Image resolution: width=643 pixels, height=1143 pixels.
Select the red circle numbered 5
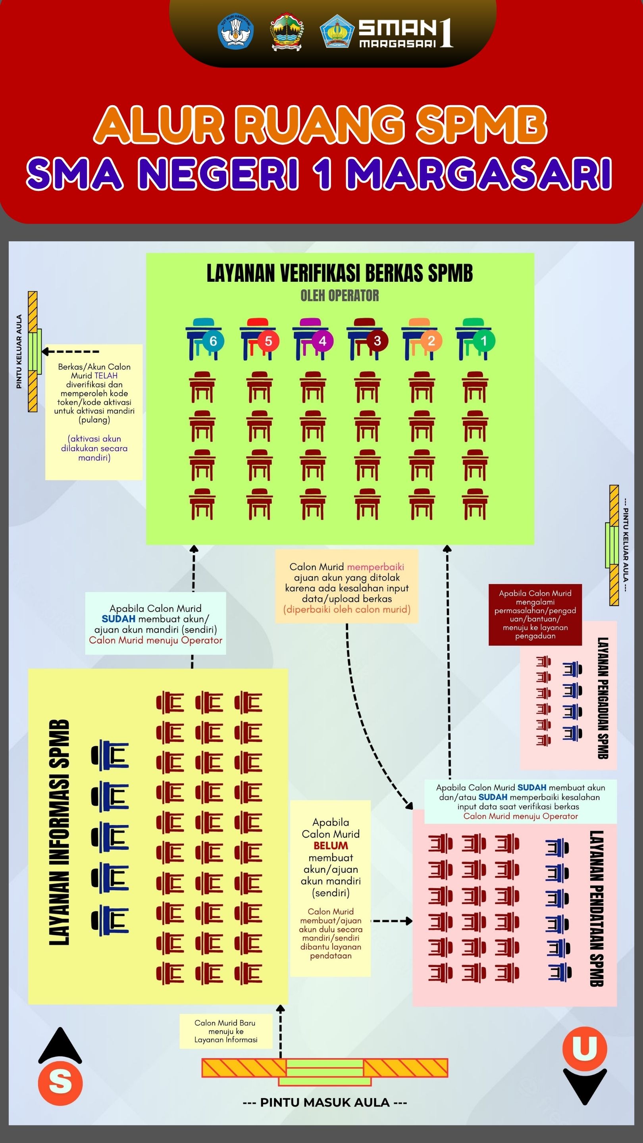268,341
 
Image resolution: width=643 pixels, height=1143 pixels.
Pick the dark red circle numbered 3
377,341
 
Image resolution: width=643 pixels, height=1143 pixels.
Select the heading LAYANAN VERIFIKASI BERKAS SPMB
339,273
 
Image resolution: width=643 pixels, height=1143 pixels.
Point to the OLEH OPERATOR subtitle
339,296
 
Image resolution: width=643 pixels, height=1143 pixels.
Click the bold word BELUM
331,846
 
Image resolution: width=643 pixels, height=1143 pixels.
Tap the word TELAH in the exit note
106,375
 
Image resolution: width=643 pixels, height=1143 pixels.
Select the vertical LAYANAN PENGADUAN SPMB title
603,698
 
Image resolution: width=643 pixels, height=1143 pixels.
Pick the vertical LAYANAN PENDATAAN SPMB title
597,908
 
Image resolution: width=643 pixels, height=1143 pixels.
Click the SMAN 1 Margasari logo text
405,33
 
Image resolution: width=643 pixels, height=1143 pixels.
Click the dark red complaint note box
535,614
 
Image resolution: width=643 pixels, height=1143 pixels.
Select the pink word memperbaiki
375,567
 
